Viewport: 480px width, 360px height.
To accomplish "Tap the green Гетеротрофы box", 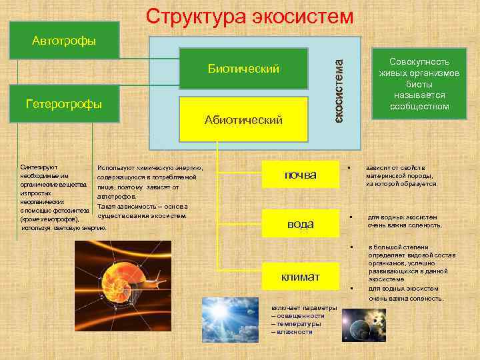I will [x=64, y=104].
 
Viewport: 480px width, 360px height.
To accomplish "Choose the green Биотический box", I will [x=243, y=69].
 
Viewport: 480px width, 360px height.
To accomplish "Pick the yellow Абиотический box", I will [x=243, y=119].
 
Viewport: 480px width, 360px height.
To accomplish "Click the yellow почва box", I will [x=300, y=175].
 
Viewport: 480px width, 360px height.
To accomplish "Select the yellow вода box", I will [x=300, y=224].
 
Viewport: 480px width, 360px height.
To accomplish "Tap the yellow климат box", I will [x=300, y=276].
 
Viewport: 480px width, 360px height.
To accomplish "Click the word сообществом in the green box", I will [x=419, y=106].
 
